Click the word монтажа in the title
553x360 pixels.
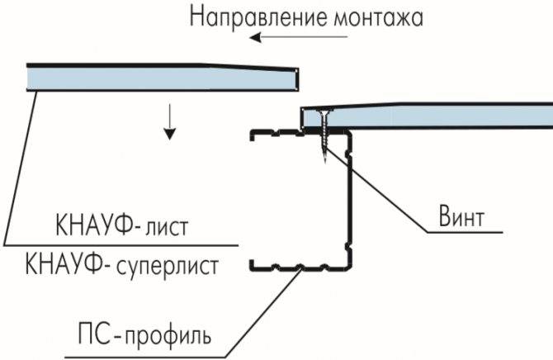(x=378, y=18)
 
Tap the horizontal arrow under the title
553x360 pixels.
(x=298, y=36)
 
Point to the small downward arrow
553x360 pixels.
(x=170, y=121)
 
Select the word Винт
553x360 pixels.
(x=461, y=216)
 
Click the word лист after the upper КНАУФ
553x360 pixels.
(x=167, y=227)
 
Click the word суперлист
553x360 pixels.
(x=168, y=268)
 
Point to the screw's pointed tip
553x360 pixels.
(x=325, y=162)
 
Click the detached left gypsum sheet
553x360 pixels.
(x=163, y=78)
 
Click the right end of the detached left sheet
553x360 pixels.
(x=297, y=78)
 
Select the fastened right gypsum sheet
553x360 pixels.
(x=427, y=116)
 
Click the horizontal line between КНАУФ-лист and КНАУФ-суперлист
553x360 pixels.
(x=121, y=244)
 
